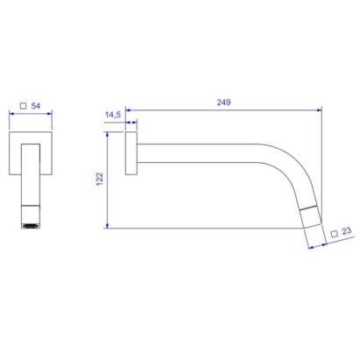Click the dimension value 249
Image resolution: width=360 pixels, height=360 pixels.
click(x=223, y=102)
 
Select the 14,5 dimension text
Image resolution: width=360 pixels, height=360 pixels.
click(x=113, y=115)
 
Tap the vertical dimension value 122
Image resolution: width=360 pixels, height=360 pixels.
click(x=100, y=179)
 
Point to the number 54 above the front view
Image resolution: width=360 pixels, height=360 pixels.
click(x=36, y=106)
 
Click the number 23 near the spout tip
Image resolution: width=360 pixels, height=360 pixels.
click(x=346, y=231)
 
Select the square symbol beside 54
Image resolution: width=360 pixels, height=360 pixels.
click(x=23, y=106)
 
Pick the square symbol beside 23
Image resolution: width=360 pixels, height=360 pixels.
click(x=335, y=234)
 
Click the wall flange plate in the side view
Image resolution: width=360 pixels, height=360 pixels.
click(x=131, y=153)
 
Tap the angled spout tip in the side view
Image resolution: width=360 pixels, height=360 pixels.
click(x=311, y=217)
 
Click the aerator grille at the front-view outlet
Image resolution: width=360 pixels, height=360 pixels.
click(x=31, y=226)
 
